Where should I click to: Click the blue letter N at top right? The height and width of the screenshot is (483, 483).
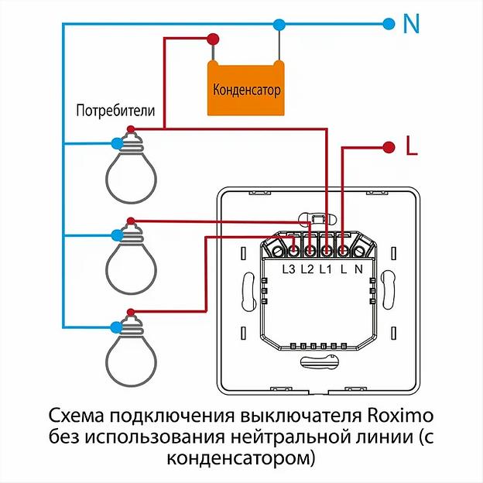[x=411, y=24]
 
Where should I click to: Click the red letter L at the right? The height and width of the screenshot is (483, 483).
[x=411, y=146]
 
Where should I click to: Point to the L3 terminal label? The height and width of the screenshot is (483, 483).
[x=289, y=269]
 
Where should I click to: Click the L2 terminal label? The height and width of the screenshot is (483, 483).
[x=307, y=269]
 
